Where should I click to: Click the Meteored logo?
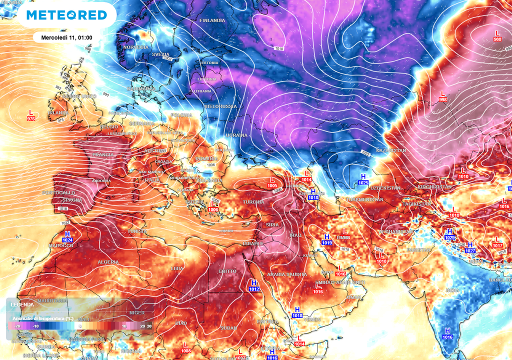(66, 15)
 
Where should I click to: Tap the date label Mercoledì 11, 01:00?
(66, 37)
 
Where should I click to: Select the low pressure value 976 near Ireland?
(31, 118)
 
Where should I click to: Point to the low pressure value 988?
(497, 39)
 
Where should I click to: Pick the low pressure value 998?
(442, 100)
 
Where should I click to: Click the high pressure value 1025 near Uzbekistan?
(363, 183)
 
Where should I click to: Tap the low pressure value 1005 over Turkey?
(272, 186)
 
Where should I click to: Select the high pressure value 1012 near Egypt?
(254, 289)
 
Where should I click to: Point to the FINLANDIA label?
(212, 20)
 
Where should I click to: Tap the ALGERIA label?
(108, 262)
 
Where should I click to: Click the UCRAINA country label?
(236, 135)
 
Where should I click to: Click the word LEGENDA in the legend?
(22, 304)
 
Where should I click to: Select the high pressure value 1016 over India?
(447, 337)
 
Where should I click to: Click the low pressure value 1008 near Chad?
(186, 351)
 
